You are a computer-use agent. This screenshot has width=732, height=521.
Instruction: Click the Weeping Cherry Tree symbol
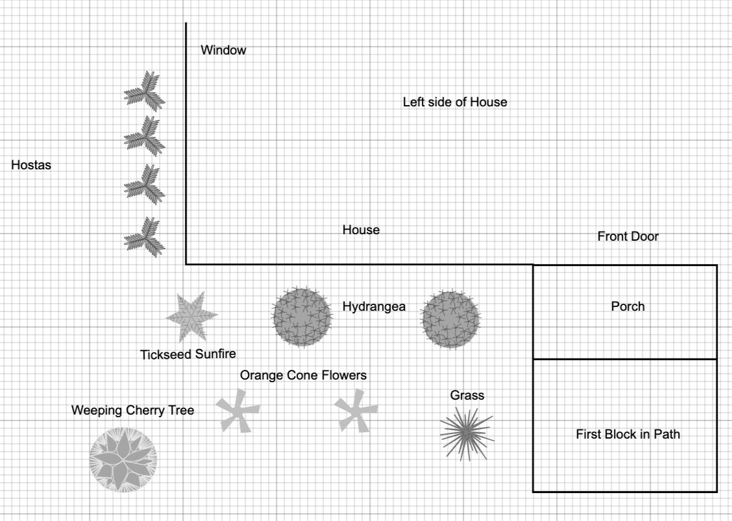(123, 459)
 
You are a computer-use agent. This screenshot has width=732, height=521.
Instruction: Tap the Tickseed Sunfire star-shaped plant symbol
(191, 316)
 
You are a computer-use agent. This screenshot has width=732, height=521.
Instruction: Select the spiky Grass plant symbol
(467, 433)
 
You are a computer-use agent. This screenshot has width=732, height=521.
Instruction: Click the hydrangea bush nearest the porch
(450, 319)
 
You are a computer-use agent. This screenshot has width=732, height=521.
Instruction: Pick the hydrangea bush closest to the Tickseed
(302, 317)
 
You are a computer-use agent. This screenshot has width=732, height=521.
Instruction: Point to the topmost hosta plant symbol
(144, 91)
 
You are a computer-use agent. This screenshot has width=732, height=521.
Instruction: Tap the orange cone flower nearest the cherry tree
(237, 411)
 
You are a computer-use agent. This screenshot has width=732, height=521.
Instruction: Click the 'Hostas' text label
(31, 165)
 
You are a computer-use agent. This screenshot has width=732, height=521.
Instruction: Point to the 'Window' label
(223, 50)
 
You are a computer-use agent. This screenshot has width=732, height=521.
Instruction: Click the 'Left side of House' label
(455, 102)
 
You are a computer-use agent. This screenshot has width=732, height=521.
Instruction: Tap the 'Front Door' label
(628, 237)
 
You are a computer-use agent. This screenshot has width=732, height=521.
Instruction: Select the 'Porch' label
(628, 306)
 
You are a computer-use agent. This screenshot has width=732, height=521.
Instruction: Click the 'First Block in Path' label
(628, 434)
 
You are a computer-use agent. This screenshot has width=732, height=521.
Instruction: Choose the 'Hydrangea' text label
(374, 307)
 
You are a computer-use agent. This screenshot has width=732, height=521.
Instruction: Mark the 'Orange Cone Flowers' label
(303, 375)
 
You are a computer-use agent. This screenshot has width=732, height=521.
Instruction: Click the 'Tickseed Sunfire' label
(188, 354)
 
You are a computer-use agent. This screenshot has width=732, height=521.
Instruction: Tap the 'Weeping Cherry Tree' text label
(132, 410)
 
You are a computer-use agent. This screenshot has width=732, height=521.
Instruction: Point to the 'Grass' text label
(467, 395)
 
